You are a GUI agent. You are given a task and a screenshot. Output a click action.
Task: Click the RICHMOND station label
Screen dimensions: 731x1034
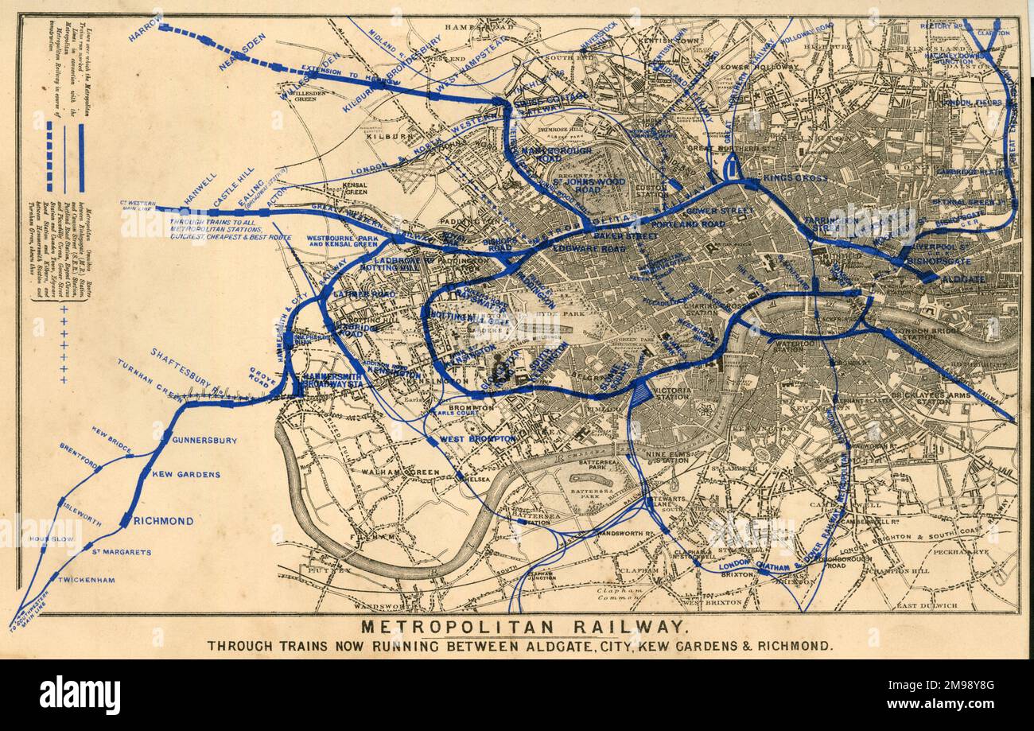coord(163,521)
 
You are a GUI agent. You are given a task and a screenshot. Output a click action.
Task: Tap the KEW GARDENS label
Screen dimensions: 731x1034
coord(186,474)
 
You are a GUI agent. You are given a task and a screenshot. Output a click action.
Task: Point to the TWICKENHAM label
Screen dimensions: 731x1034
coord(87,580)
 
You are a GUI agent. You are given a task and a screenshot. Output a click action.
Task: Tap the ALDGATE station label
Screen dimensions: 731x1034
coord(963,279)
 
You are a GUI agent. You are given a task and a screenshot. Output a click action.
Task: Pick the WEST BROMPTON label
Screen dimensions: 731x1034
coord(477,439)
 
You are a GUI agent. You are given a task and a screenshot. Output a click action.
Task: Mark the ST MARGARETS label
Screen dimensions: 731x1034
coord(121,551)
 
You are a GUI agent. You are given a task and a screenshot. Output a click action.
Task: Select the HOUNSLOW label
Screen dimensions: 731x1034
coord(52,539)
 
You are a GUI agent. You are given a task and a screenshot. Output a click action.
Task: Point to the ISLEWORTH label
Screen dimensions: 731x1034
coord(79,514)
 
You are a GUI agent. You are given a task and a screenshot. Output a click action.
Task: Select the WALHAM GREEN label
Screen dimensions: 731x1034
coord(390,472)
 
